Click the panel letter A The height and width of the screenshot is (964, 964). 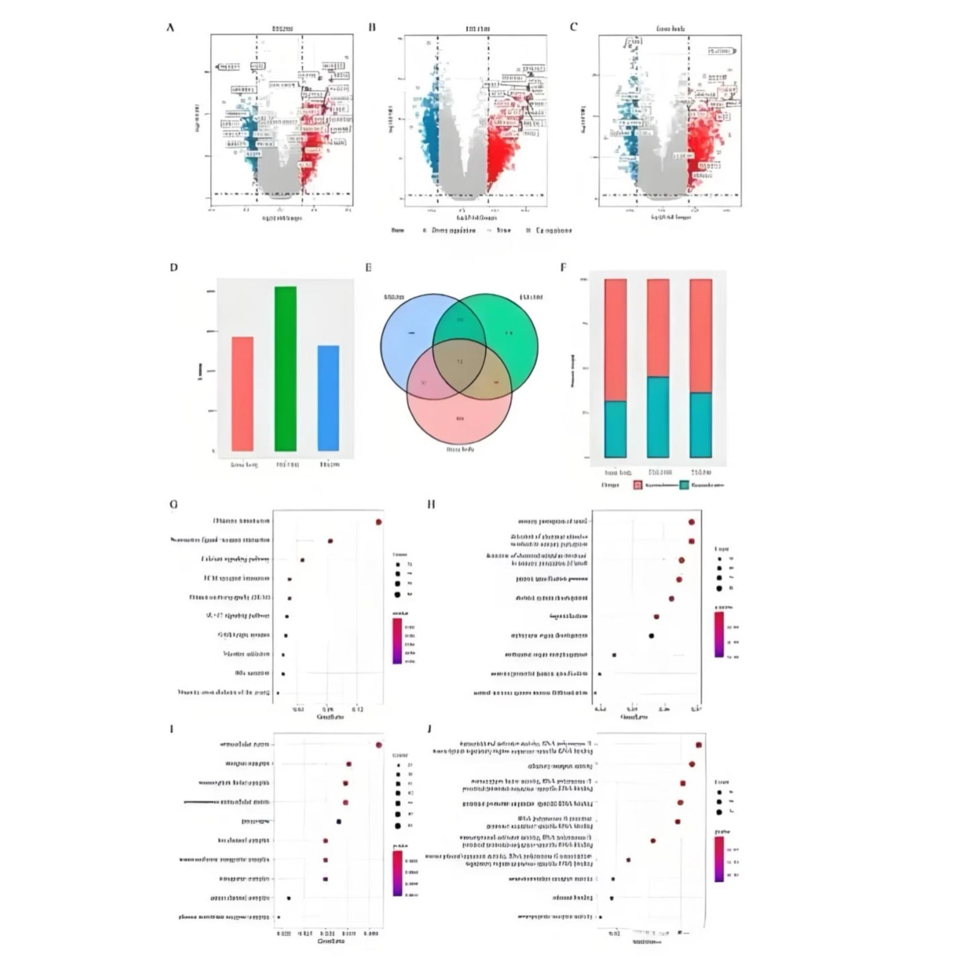(x=170, y=27)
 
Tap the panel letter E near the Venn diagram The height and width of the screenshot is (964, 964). (x=369, y=267)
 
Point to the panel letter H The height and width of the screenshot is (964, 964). (x=431, y=504)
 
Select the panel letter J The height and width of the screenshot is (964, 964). (x=429, y=728)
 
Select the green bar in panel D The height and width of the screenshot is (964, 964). (x=285, y=369)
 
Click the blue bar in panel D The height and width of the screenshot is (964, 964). (x=328, y=398)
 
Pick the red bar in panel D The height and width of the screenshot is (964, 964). (x=243, y=394)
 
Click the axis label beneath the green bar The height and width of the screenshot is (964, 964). (x=287, y=464)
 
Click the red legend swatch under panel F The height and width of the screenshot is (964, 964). (x=638, y=485)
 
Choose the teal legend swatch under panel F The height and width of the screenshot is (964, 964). (x=684, y=485)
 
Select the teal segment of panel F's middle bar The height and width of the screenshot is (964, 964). (x=658, y=417)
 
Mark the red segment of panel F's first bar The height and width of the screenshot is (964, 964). (x=615, y=340)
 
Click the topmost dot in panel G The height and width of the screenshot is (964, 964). (x=379, y=522)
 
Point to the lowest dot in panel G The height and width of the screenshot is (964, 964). (x=278, y=693)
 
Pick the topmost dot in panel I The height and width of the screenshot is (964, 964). (x=379, y=745)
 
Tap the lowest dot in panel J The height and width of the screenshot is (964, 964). (x=601, y=917)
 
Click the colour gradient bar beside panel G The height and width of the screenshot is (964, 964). (x=397, y=641)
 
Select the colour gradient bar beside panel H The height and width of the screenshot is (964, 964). (x=719, y=634)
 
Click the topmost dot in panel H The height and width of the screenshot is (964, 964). (x=692, y=522)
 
